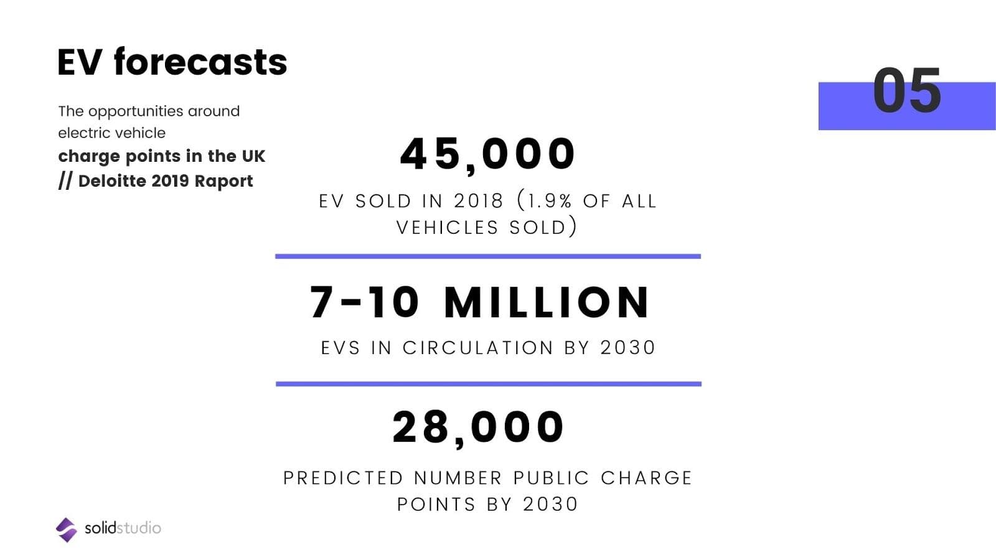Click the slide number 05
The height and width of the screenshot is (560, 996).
pos(906,91)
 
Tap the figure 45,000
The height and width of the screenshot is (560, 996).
pos(488,154)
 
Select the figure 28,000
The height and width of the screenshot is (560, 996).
pos(478,427)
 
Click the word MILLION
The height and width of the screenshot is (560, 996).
pos(547,303)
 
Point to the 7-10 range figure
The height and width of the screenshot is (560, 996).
pos(365,303)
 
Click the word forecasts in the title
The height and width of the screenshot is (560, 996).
pos(200,62)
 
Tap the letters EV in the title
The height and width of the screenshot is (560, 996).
pos(79,62)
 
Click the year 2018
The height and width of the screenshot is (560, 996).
pos(478,201)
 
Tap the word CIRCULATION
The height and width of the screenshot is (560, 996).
pos(478,347)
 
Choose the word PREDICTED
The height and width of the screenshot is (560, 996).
pos(343,478)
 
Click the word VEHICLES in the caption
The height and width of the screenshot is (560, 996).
pos(448,227)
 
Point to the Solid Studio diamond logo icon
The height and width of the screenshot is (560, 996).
pos(66,530)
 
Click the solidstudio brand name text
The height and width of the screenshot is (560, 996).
pos(123,528)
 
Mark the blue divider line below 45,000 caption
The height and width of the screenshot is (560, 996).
pos(488,256)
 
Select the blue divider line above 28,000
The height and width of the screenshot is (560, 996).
pos(489,384)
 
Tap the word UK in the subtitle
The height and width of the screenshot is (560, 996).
pos(253,156)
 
